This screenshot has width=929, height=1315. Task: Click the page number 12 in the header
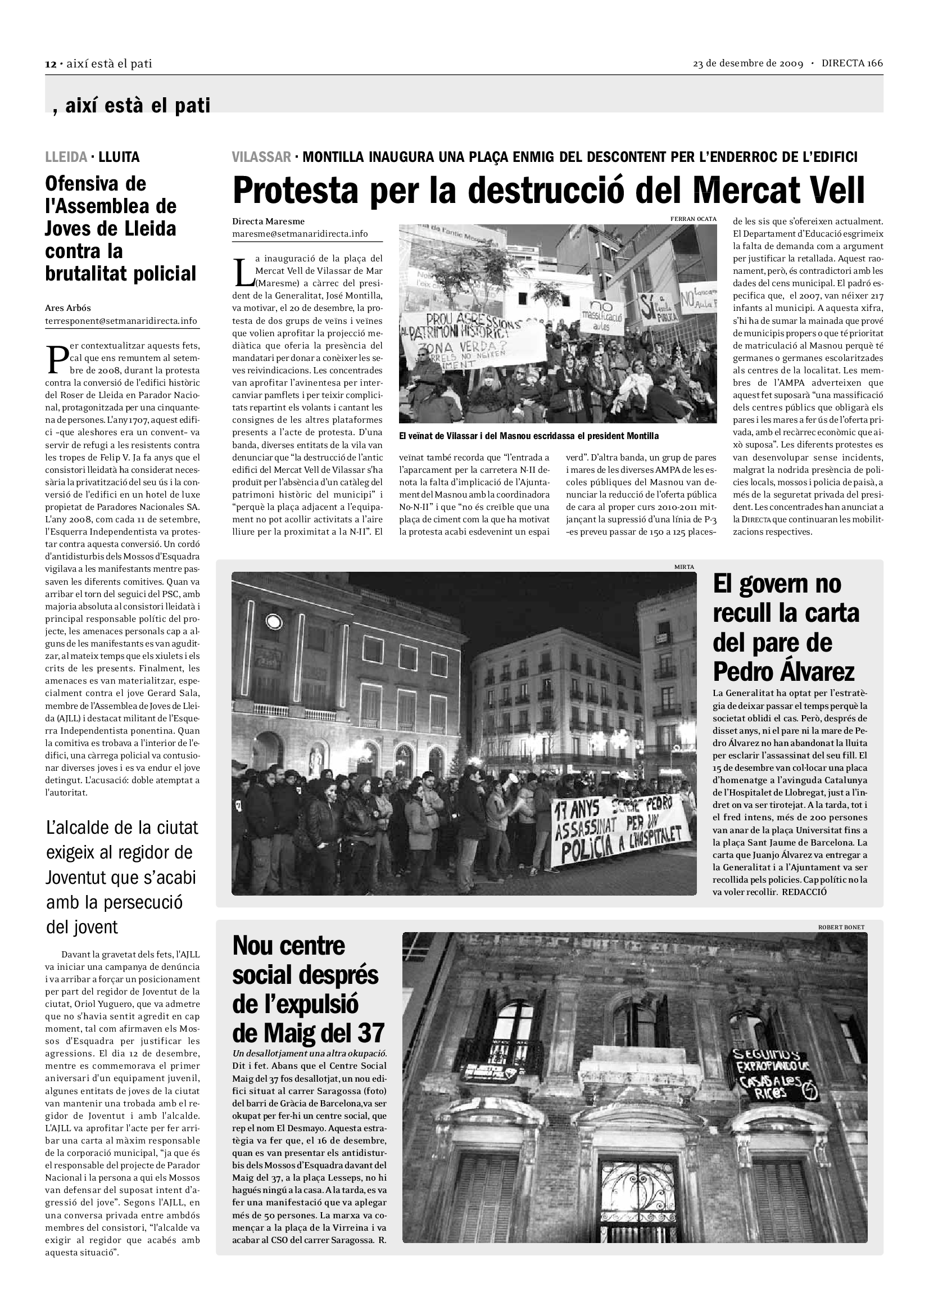point(51,64)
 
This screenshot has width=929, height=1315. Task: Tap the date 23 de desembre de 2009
point(747,64)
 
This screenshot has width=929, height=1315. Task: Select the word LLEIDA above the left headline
point(66,157)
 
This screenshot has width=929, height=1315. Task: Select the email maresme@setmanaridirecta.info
point(300,234)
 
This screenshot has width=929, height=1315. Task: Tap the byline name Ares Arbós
point(67,308)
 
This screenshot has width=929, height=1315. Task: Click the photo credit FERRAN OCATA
point(693,219)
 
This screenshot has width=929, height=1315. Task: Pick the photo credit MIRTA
point(684,567)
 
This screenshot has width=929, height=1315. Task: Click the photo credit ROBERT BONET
point(841,927)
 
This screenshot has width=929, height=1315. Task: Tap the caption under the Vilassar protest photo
point(529,436)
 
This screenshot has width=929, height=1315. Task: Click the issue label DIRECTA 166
point(853,64)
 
